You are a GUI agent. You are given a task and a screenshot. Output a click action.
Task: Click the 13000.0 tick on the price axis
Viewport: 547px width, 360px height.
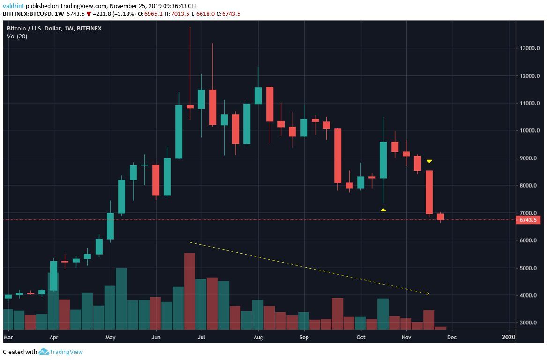click(528, 48)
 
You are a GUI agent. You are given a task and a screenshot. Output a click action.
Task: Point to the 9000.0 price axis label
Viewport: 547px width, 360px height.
click(528, 158)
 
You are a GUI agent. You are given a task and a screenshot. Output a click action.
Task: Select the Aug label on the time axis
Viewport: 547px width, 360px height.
click(258, 337)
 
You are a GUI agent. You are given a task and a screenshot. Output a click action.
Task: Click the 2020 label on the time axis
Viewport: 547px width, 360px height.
click(508, 337)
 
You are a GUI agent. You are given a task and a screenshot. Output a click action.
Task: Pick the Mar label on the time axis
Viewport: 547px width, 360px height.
click(8, 337)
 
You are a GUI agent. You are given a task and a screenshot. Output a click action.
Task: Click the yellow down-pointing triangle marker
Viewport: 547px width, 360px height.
click(429, 161)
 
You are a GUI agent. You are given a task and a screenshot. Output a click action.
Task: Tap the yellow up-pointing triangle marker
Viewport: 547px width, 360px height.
click(383, 210)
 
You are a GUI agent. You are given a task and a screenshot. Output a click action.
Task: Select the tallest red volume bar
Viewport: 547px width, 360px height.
click(189, 291)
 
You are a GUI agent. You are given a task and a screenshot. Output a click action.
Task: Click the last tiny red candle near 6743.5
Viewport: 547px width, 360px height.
click(440, 217)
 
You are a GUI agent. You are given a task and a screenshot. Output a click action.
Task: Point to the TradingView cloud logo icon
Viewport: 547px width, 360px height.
click(44, 352)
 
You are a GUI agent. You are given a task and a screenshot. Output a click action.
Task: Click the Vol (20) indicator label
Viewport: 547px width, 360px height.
click(17, 37)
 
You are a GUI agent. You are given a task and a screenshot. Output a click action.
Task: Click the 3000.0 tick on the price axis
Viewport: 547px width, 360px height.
click(528, 322)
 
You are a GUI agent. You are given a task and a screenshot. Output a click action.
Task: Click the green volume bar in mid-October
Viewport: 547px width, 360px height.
click(383, 314)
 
